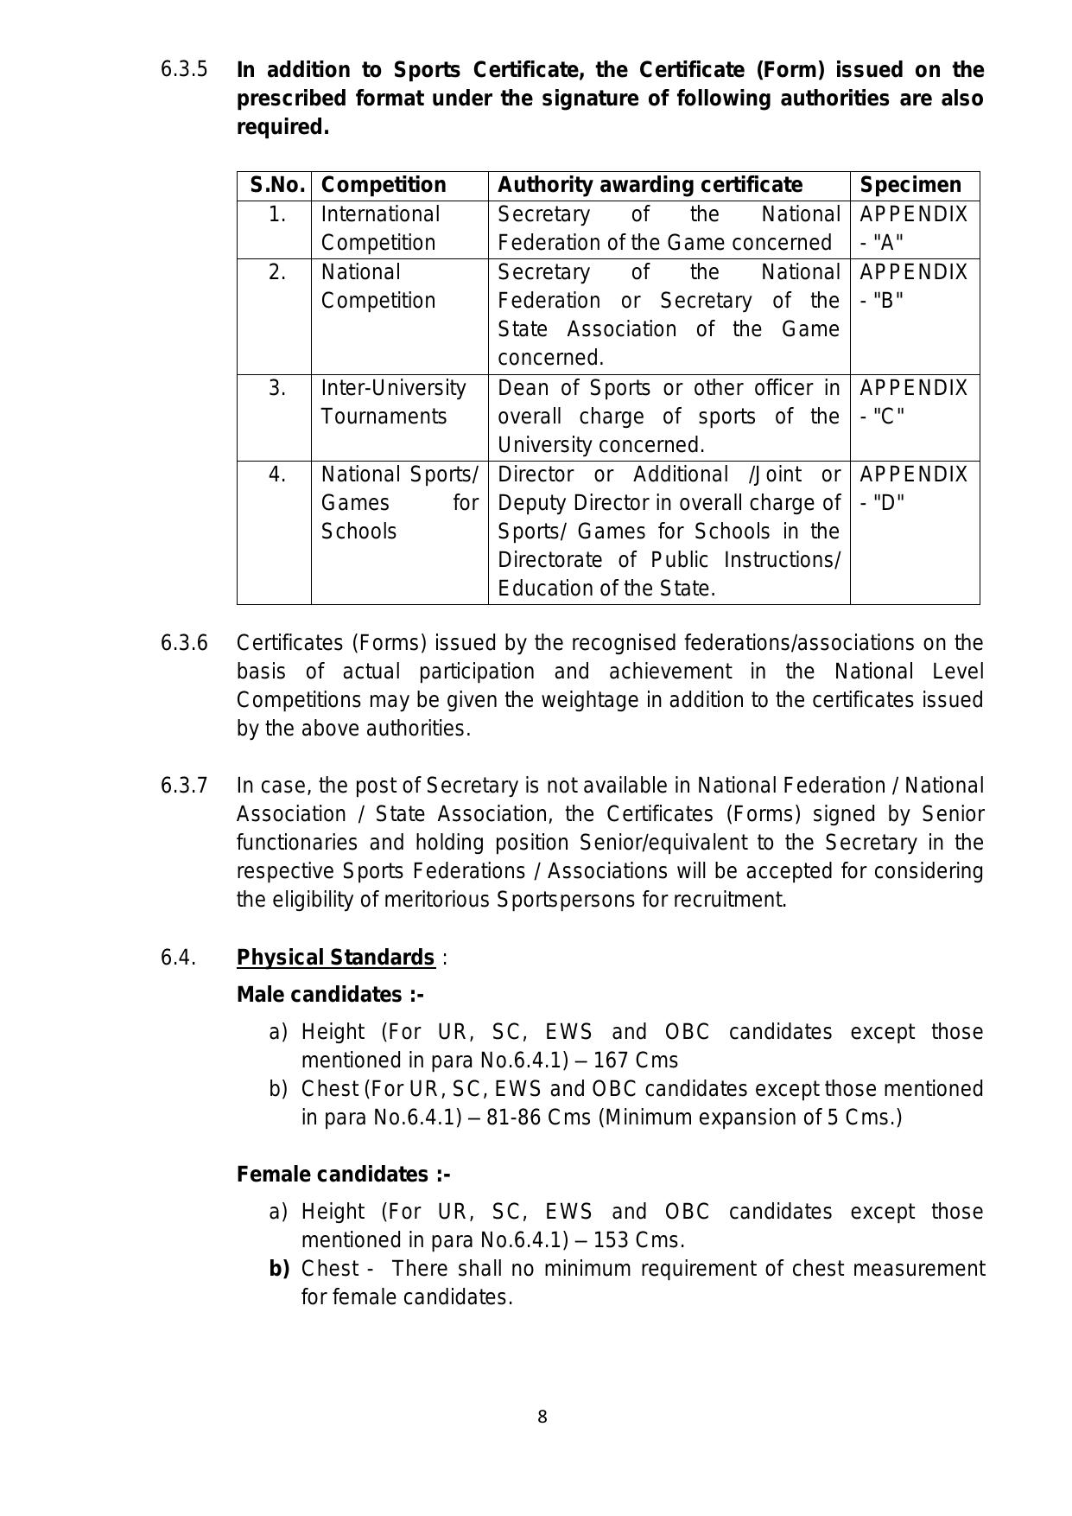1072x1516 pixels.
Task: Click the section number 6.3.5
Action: [184, 69]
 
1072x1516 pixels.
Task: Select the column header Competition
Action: [384, 185]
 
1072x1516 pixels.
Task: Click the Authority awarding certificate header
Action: [650, 185]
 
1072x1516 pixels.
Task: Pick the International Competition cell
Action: [381, 228]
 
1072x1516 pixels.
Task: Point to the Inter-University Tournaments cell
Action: [393, 402]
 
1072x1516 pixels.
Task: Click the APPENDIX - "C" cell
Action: [914, 402]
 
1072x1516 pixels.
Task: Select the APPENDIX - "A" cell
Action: [914, 228]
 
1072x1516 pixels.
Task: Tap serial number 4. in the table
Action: [276, 475]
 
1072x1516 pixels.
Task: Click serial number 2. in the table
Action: [276, 272]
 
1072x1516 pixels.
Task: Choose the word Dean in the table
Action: [521, 388]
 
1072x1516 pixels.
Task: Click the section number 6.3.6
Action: [184, 643]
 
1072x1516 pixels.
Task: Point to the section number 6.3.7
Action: [184, 786]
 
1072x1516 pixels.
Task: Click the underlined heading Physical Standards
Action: [335, 958]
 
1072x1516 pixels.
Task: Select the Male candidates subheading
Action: [330, 995]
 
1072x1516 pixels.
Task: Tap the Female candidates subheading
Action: [344, 1175]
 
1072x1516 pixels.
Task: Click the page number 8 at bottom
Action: [542, 1417]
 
